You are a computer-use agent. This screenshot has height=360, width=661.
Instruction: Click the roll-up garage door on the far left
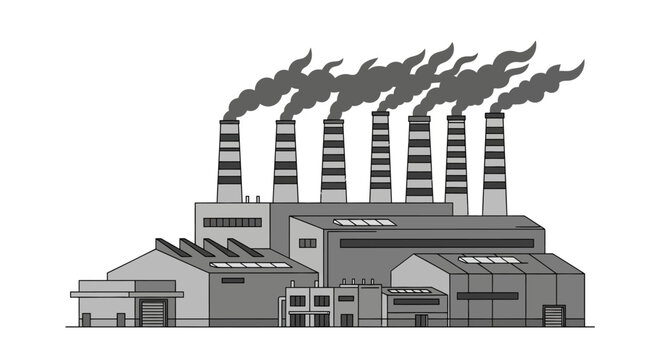pyautogui.click(x=152, y=313)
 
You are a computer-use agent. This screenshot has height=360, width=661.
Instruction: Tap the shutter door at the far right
pyautogui.click(x=554, y=316)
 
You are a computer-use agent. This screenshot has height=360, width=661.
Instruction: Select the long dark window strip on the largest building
pyautogui.click(x=436, y=243)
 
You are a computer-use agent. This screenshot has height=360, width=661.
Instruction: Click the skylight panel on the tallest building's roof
pyautogui.click(x=364, y=222)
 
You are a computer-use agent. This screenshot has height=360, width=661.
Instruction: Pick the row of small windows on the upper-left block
pyautogui.click(x=232, y=222)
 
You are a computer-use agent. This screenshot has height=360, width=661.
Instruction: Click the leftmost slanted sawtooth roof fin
pyautogui.click(x=170, y=247)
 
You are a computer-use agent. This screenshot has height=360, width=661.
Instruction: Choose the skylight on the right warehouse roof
pyautogui.click(x=489, y=260)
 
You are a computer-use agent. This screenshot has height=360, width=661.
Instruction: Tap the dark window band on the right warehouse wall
pyautogui.click(x=487, y=295)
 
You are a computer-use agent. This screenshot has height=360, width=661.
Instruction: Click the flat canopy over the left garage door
pyautogui.click(x=127, y=294)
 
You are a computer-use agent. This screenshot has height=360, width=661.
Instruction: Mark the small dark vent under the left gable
pyautogui.click(x=232, y=280)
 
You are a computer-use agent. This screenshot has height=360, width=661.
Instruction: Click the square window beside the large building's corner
pyautogui.click(x=307, y=243)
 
